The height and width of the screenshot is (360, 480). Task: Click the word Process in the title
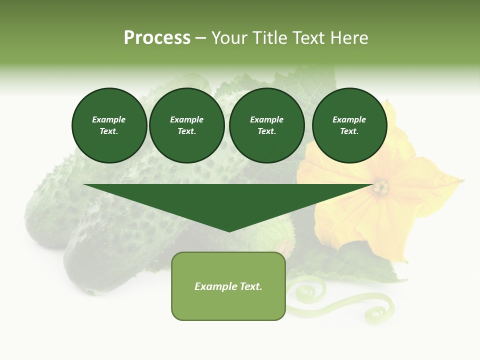157,38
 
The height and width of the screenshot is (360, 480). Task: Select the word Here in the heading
349,38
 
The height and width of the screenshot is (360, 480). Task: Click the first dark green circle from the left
109,125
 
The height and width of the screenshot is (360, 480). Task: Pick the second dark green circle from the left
186,125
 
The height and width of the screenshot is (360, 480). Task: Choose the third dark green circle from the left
266,125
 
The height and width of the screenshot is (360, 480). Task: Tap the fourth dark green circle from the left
349,125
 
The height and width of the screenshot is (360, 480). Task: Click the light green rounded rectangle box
228,286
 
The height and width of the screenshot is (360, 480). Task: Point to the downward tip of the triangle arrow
229,231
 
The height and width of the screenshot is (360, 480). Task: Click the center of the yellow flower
381,187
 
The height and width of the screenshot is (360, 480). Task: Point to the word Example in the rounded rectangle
210,286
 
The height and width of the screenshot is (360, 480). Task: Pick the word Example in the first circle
109,119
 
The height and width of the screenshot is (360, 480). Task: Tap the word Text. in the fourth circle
349,131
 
